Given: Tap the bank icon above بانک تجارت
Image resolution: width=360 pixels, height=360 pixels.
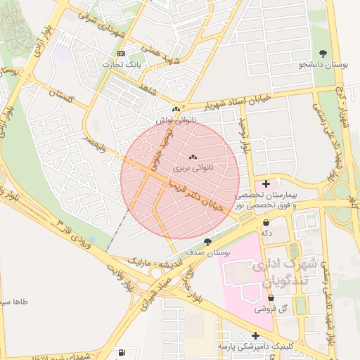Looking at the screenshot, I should click(x=121, y=53).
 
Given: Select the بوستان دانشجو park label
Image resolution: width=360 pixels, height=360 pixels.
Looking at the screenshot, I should click(x=324, y=65).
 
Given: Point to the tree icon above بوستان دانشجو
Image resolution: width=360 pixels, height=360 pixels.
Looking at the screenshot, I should click(x=323, y=53).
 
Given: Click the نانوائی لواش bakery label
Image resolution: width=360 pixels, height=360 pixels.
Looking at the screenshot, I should click(x=176, y=121).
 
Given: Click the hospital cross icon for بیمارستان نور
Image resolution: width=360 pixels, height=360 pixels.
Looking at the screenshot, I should click(x=266, y=184).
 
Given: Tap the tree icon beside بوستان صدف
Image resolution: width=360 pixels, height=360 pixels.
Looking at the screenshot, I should click(x=207, y=241).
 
